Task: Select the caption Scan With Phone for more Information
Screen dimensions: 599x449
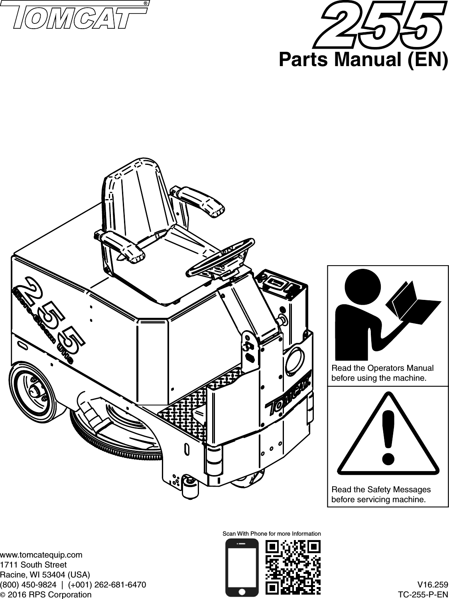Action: (271, 533)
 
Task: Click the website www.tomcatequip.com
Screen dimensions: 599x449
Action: (41, 554)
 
